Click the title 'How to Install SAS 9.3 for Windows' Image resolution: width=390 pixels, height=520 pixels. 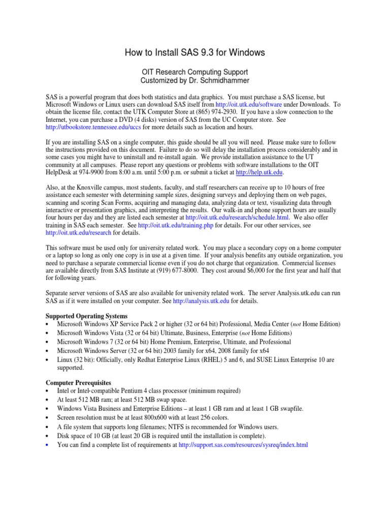pos(195,53)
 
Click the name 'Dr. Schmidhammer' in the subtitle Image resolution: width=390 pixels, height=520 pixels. pos(222,81)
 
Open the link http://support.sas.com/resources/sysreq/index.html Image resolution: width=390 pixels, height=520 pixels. pos(243,445)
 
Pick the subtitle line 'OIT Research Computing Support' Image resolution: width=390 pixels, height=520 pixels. pos(195,72)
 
